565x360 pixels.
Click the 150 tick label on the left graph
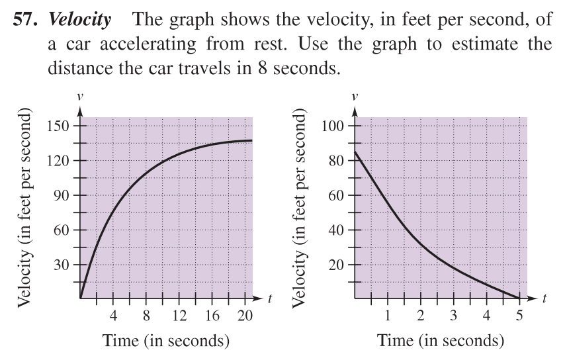58,126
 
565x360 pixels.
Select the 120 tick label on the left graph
58,161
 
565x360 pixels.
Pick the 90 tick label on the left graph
61,195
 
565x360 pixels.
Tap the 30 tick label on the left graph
61,265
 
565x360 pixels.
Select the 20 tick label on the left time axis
245,316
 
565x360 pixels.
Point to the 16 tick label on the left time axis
212,316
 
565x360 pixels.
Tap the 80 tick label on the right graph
336,161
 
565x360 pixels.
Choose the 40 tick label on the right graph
336,230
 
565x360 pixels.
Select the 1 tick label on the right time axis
388,316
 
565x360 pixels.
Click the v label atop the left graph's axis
80,96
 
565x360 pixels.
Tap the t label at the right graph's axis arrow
544,299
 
